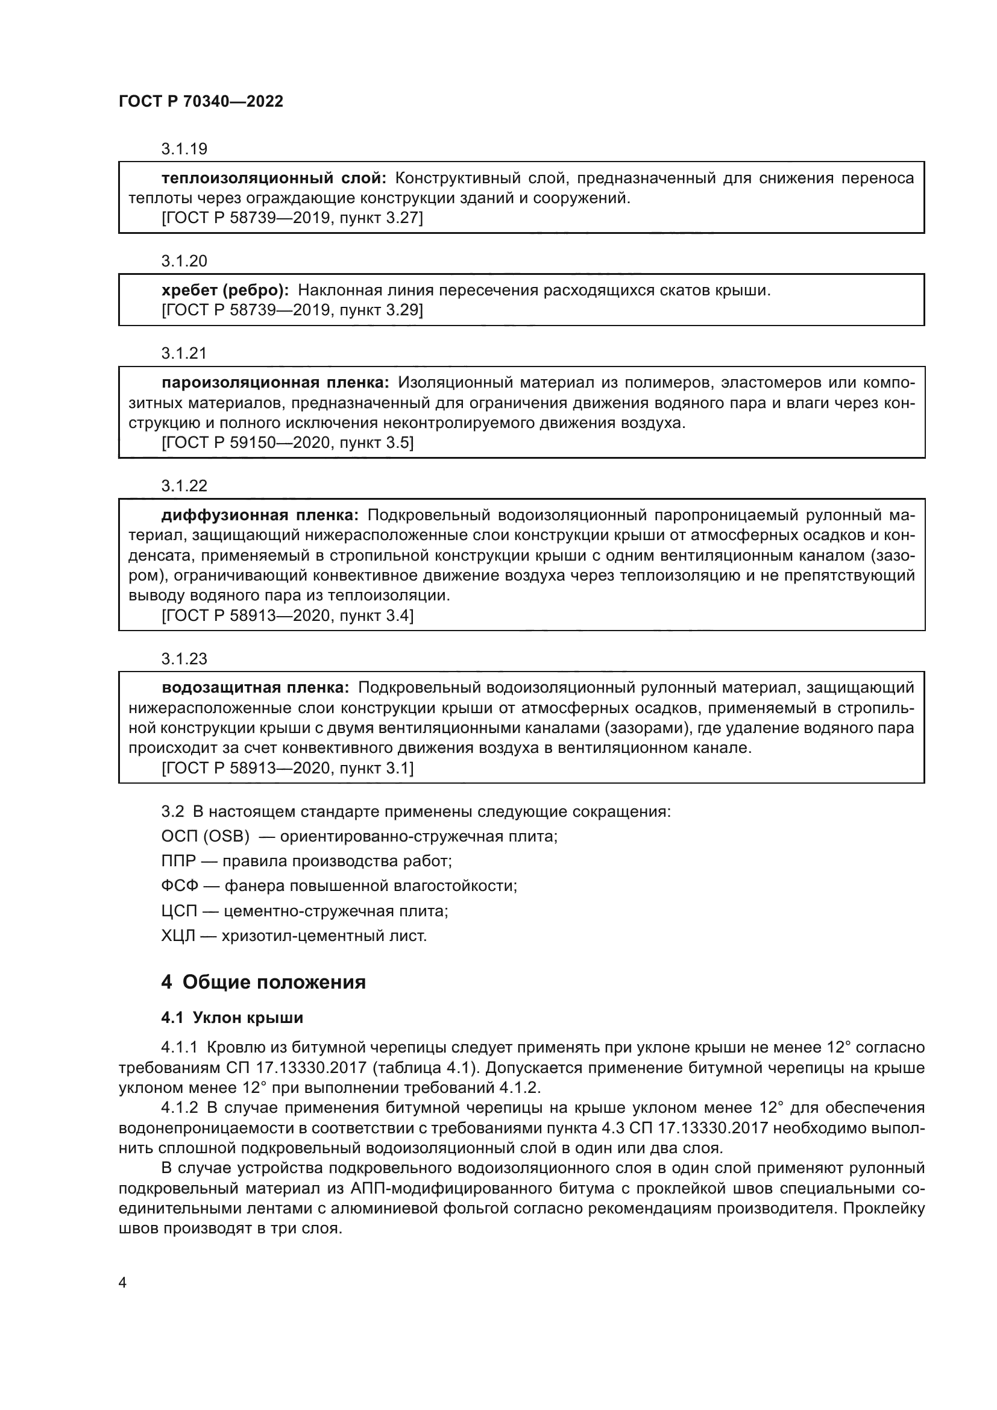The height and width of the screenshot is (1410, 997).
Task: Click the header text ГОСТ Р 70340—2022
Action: coord(201,101)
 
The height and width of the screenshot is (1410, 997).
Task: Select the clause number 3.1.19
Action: coord(184,149)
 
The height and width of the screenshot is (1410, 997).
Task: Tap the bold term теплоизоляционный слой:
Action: coord(274,178)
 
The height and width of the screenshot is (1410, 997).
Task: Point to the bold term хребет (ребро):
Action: coord(225,290)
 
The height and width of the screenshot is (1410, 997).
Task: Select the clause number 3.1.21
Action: coord(184,353)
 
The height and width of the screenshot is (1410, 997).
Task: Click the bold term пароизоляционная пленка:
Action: coord(275,383)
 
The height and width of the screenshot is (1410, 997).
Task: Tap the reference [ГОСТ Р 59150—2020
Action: coord(245,443)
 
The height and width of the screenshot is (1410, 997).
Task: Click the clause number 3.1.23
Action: coord(184,659)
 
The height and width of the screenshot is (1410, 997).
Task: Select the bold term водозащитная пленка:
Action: coord(256,688)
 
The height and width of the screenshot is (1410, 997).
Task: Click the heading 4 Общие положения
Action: coord(263,983)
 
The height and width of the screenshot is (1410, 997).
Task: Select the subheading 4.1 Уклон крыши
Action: coord(232,1018)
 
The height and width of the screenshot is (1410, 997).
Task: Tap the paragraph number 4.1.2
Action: coord(180,1108)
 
